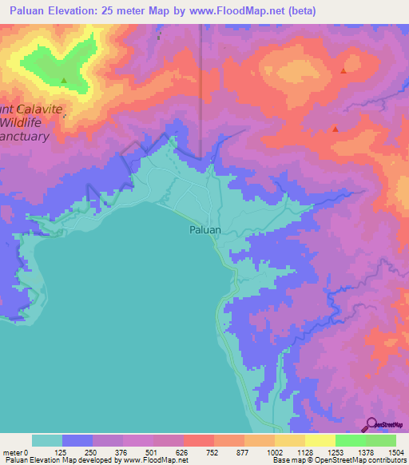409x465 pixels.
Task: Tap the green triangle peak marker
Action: pyautogui.click(x=64, y=80)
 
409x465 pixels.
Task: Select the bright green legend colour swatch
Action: pyautogui.click(x=350, y=440)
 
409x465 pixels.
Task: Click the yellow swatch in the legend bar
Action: pyautogui.click(x=320, y=440)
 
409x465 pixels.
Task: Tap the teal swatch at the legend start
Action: pyautogui.click(x=47, y=440)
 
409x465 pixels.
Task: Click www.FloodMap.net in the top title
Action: pyautogui.click(x=242, y=11)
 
